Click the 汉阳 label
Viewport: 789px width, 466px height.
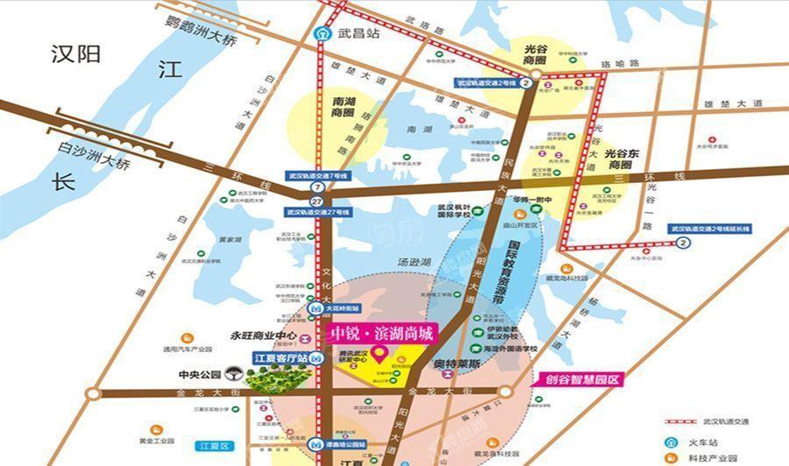(x=76, y=54)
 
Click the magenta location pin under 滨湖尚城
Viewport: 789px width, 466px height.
(x=380, y=355)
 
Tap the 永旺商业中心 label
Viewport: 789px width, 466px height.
(x=263, y=335)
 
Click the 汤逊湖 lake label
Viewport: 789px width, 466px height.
(x=415, y=261)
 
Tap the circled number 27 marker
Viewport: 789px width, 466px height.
(x=316, y=200)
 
